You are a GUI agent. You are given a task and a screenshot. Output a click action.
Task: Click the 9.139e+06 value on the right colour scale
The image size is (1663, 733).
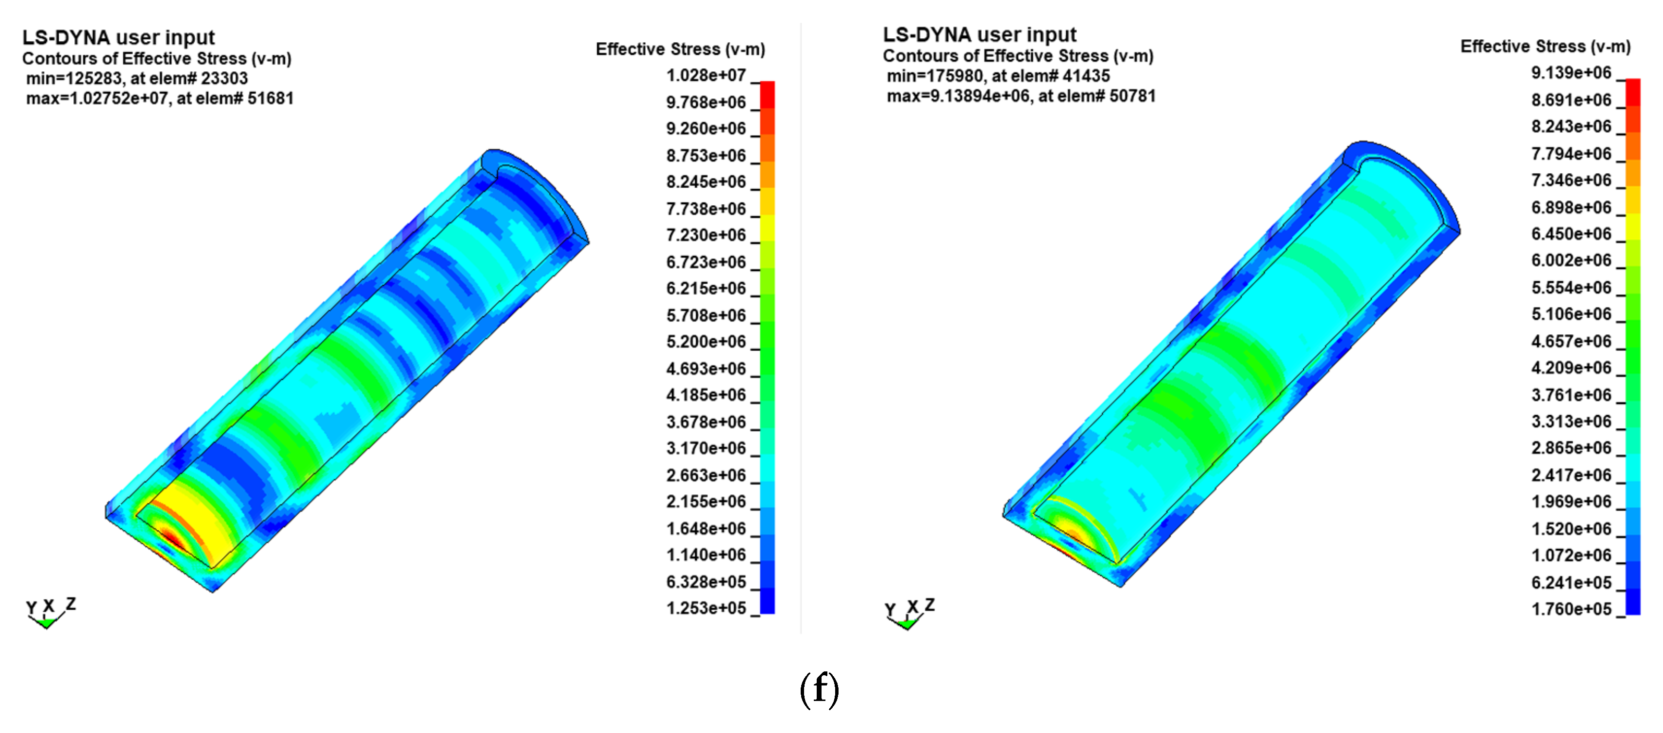tap(1571, 72)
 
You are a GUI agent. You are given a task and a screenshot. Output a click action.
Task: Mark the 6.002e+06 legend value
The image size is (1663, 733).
tap(1571, 260)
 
